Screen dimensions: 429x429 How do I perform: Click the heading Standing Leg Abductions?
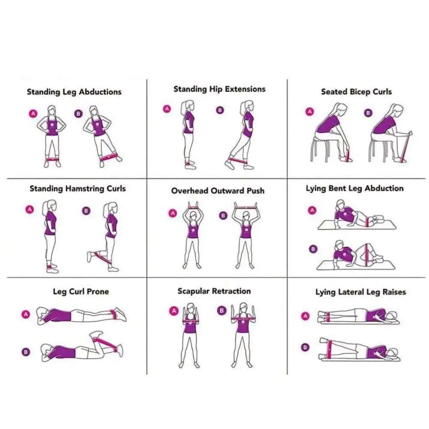click(74, 92)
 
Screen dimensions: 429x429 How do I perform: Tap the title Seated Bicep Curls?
click(356, 92)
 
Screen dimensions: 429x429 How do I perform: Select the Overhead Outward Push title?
click(218, 191)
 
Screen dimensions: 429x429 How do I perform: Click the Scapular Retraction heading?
click(214, 291)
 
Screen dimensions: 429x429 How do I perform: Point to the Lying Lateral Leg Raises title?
click(361, 292)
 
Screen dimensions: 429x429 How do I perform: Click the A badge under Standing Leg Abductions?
click(33, 113)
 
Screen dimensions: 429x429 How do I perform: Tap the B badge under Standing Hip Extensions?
click(220, 110)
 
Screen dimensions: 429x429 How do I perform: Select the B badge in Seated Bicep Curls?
click(368, 113)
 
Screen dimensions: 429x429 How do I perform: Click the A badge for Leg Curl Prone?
click(26, 314)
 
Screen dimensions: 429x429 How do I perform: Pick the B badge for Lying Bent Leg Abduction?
click(313, 249)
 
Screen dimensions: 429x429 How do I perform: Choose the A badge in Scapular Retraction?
click(174, 311)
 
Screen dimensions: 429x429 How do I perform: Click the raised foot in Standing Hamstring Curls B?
click(90, 257)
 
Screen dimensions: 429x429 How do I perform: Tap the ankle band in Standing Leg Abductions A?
click(52, 159)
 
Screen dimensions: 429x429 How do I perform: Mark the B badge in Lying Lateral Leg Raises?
click(305, 347)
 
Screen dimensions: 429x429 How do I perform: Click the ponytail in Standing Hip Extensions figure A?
click(183, 107)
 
